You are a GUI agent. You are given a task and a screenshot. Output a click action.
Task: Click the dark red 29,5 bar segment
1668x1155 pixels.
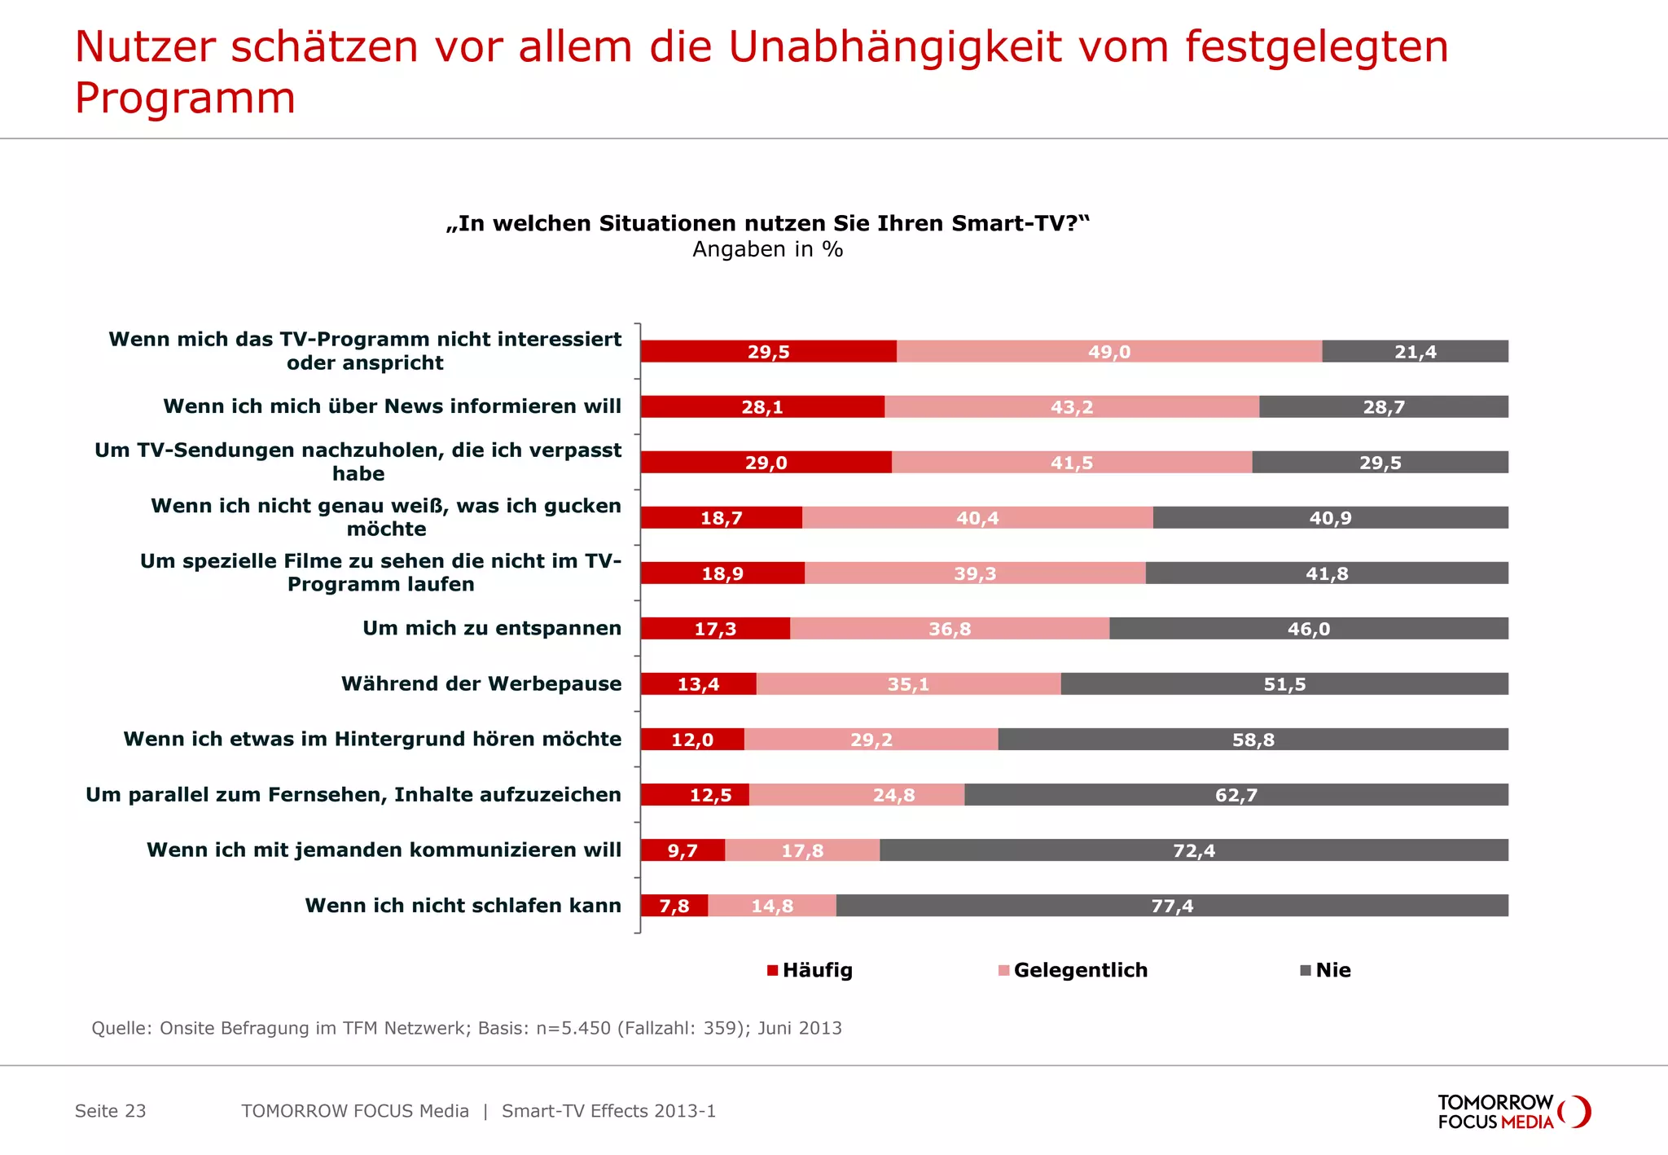click(768, 351)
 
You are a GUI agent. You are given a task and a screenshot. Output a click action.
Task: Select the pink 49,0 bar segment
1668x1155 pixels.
click(1108, 351)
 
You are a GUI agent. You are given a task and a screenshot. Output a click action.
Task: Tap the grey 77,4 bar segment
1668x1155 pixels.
click(1171, 905)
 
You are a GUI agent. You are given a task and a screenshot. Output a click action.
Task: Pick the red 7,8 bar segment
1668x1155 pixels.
click(674, 905)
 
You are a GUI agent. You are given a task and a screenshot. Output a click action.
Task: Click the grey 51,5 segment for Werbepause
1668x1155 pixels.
click(1284, 683)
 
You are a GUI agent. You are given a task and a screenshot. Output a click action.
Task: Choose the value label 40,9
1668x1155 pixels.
click(1330, 518)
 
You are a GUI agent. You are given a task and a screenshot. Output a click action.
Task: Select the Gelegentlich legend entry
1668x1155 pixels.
click(1073, 970)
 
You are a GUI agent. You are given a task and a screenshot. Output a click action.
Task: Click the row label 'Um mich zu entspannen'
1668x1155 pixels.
click(491, 628)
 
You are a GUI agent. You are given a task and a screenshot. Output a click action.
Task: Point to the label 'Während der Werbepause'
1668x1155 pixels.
click(481, 683)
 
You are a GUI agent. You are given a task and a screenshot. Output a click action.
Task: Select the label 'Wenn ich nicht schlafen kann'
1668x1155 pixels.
click(463, 905)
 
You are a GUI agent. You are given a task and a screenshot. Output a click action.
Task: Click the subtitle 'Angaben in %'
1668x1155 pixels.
click(767, 249)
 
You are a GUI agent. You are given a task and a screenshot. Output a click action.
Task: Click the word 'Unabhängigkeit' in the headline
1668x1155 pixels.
click(894, 46)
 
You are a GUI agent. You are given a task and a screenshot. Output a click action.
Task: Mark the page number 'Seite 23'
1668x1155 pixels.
click(110, 1111)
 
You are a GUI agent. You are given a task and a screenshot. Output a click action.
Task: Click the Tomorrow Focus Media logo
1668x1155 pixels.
click(1513, 1112)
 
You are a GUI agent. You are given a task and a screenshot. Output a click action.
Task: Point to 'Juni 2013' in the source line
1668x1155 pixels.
click(799, 1028)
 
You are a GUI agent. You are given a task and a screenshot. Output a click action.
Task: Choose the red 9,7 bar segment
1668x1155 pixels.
click(682, 850)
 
